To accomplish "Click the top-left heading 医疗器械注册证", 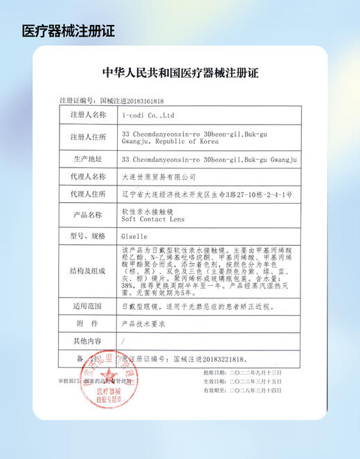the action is (x=68, y=31).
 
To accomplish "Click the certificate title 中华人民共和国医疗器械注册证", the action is (x=179, y=73).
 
